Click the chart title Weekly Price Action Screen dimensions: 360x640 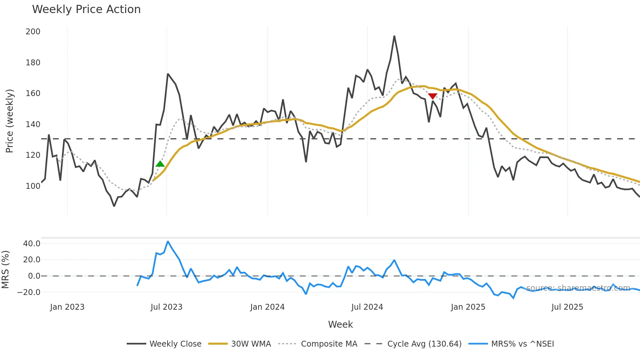coord(86,9)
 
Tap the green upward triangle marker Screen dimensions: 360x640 coord(160,164)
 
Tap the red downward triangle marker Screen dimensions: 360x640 coord(432,96)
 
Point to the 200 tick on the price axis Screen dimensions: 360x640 coord(33,32)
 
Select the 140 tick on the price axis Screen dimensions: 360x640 coord(33,124)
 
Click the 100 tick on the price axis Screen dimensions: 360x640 coord(33,186)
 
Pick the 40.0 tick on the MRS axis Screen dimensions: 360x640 coord(32,244)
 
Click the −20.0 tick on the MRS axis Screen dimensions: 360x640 coord(29,292)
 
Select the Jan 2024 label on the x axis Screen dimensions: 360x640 coord(267,307)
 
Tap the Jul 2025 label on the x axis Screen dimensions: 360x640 coord(567,307)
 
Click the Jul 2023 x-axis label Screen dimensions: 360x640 coord(166,307)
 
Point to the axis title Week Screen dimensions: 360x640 coord(340,324)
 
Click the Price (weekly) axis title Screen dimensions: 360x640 coord(9,121)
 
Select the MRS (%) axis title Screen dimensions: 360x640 coord(5,270)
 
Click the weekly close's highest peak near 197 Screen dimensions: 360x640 coord(394,36)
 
